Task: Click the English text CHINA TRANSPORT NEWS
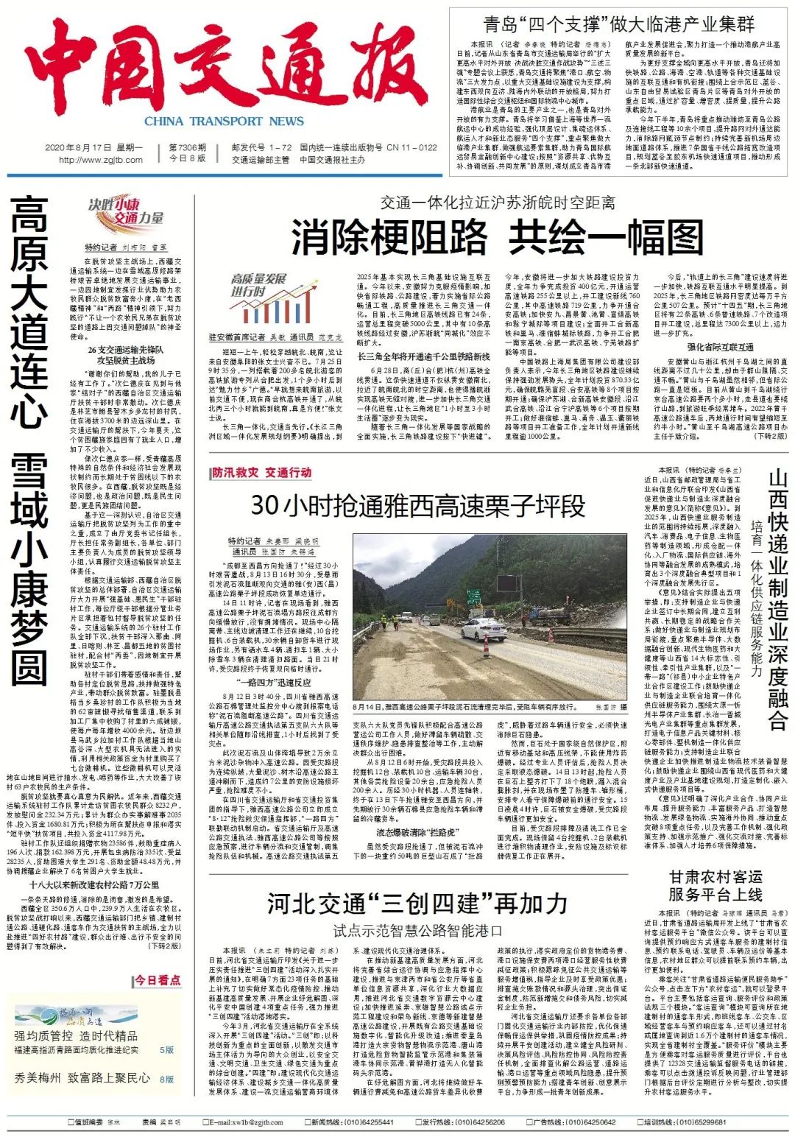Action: click(x=224, y=122)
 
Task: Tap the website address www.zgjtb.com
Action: click(x=101, y=160)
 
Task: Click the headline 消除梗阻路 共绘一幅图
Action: click(x=497, y=236)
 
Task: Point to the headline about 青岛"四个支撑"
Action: click(x=618, y=24)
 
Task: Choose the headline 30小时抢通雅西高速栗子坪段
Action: click(x=418, y=505)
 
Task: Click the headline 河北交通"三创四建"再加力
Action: click(x=417, y=903)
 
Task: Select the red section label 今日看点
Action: click(x=157, y=980)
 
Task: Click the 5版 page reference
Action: click(x=167, y=1050)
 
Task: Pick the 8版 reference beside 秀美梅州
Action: click(x=167, y=1079)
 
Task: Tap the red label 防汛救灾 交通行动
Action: click(x=261, y=473)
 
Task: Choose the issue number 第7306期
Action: click(x=188, y=148)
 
